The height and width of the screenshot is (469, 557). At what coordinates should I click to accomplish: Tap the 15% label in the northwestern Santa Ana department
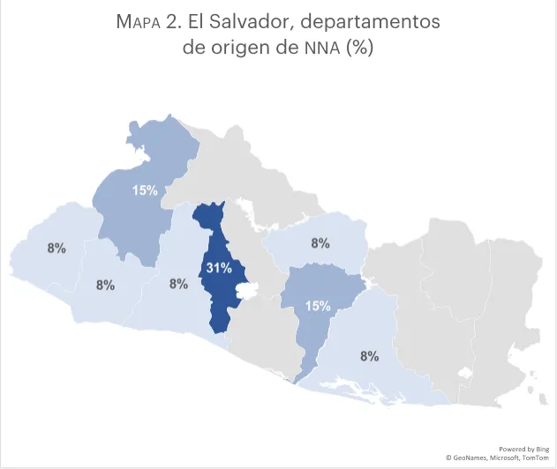pyautogui.click(x=146, y=190)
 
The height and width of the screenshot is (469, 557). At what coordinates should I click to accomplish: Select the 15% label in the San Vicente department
pyautogui.click(x=318, y=306)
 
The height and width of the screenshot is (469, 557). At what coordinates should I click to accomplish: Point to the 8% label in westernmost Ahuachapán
pyautogui.click(x=56, y=248)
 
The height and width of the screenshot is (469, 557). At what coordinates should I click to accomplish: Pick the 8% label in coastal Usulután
pyautogui.click(x=369, y=356)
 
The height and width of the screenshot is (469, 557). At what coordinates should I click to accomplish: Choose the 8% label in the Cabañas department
pyautogui.click(x=320, y=242)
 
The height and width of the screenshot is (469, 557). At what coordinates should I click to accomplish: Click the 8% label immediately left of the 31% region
pyautogui.click(x=178, y=284)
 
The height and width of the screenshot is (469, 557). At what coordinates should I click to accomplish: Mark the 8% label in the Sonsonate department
pyautogui.click(x=106, y=285)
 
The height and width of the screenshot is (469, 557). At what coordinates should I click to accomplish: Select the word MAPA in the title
pyautogui.click(x=139, y=22)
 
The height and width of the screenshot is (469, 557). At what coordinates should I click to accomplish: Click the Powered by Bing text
pyautogui.click(x=524, y=448)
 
